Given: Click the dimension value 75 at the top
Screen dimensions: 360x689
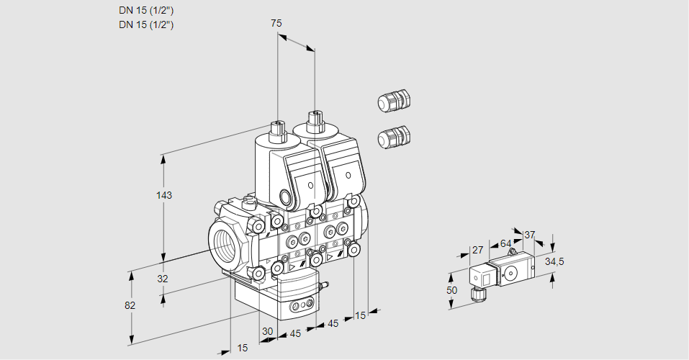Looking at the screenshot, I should (x=276, y=23).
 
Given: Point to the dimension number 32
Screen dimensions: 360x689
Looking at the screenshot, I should (x=163, y=279).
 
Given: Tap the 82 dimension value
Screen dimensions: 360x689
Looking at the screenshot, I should (x=130, y=305).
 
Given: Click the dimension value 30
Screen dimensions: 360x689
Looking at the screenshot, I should (x=267, y=332).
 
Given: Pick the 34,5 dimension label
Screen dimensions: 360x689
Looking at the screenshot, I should (x=554, y=261).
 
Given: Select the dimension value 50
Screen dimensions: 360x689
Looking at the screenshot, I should (x=451, y=289).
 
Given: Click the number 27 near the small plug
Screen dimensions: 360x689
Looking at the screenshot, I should (x=477, y=250).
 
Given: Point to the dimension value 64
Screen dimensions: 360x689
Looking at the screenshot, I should (x=505, y=244).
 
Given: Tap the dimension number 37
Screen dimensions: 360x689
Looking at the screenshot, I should (x=529, y=235).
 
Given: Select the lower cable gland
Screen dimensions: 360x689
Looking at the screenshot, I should (x=393, y=136).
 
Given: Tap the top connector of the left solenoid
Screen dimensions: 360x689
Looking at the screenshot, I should (x=277, y=130).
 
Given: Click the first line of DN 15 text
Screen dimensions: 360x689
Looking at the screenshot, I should (x=146, y=11).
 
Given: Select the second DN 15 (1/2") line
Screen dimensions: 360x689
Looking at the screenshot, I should (x=146, y=24).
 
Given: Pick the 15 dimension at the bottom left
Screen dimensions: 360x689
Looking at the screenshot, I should (x=243, y=348).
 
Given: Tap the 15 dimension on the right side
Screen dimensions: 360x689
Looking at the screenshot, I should (x=361, y=315).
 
